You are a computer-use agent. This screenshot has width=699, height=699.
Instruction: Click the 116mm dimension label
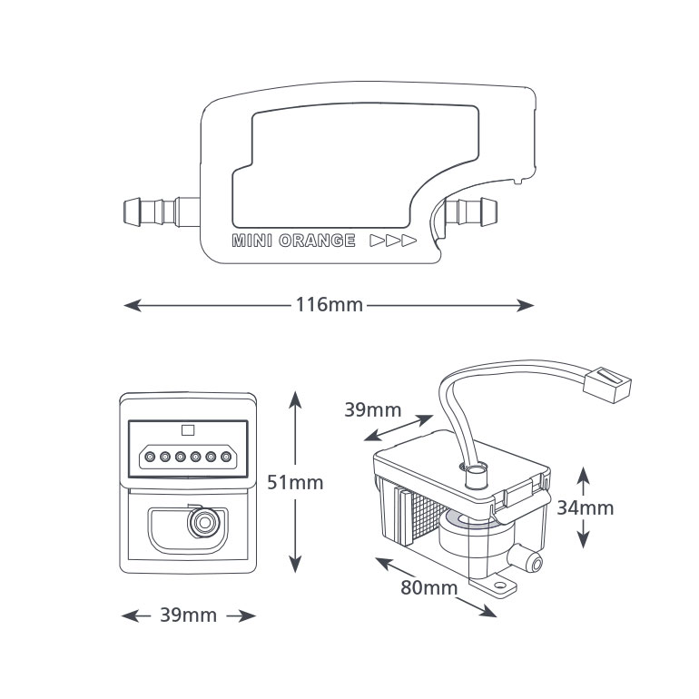pos(329,305)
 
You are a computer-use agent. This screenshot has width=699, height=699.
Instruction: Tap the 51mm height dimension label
pos(295,482)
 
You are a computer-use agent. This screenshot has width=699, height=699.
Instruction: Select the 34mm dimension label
pos(585,507)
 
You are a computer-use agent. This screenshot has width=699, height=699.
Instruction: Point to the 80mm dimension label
pos(428,587)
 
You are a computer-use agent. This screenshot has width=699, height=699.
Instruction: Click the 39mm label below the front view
pos(188,615)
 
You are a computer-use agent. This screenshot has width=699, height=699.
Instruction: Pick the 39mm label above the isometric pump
pos(372,409)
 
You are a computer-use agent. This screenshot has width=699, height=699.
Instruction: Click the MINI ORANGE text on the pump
pos(293,241)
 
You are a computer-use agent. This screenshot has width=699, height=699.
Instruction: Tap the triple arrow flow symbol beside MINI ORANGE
pos(393,241)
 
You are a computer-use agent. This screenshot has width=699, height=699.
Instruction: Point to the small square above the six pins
pos(188,431)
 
